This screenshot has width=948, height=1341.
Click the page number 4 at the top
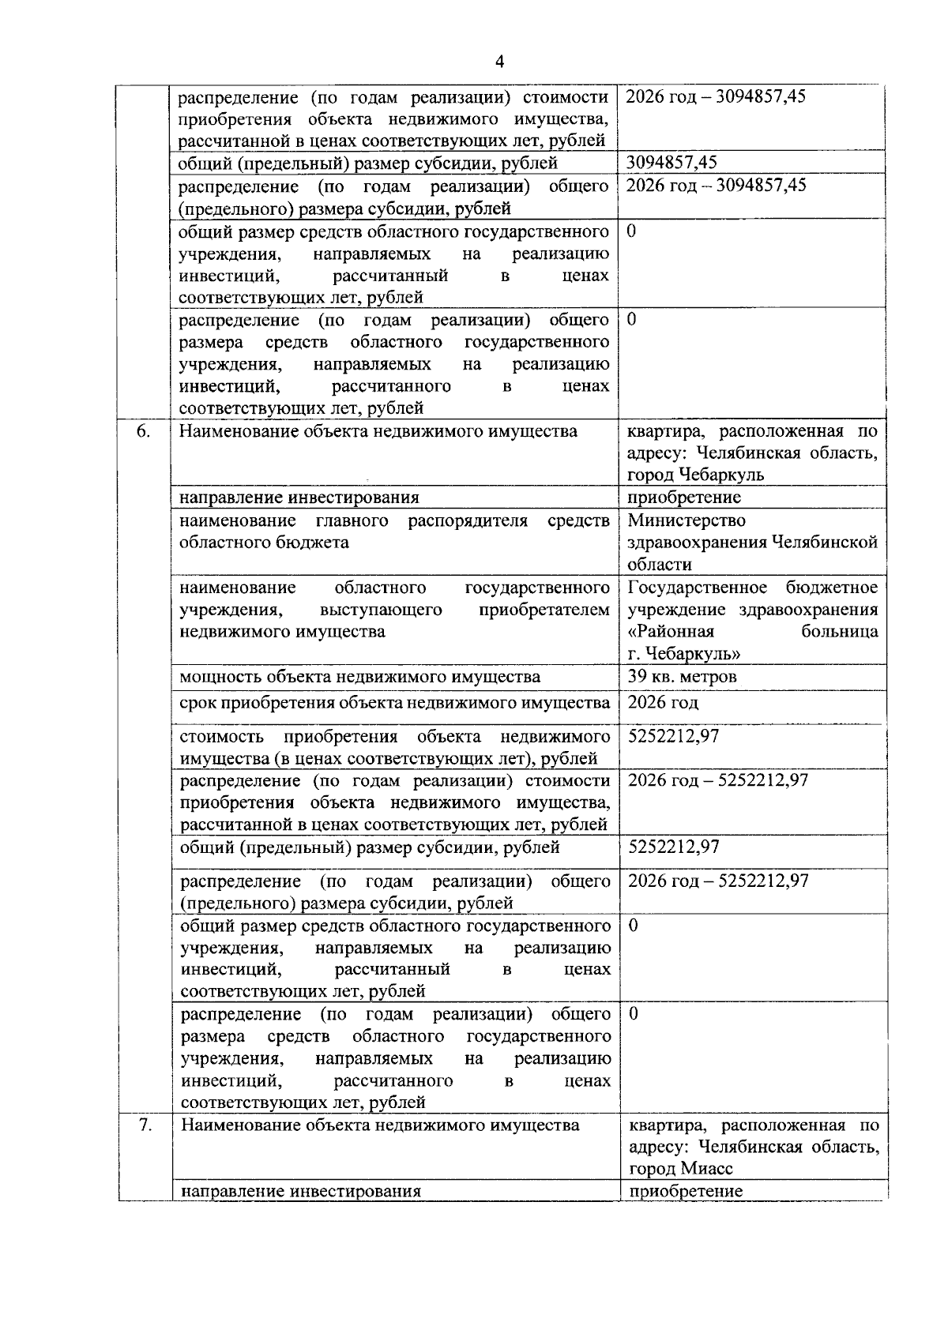[x=498, y=62]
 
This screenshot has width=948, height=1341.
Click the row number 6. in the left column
[x=144, y=431]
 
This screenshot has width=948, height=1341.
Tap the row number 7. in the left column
[x=145, y=1125]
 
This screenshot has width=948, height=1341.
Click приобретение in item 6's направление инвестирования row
[x=684, y=498]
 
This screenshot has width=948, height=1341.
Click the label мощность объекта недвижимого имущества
[x=360, y=677]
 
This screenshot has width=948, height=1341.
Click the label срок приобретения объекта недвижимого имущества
[x=395, y=702]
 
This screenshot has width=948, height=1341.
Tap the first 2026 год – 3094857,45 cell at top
[x=715, y=97]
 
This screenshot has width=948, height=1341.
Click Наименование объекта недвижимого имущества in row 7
[x=380, y=1125]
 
